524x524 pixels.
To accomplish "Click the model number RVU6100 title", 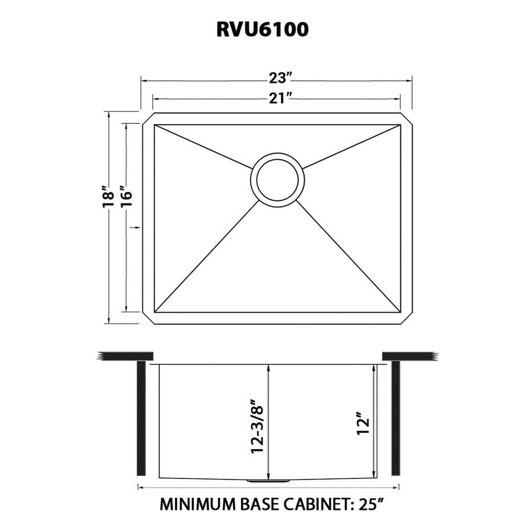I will click(262, 30).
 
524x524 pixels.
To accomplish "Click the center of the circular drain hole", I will click(278, 180).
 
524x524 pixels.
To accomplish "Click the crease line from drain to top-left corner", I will click(203, 147).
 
